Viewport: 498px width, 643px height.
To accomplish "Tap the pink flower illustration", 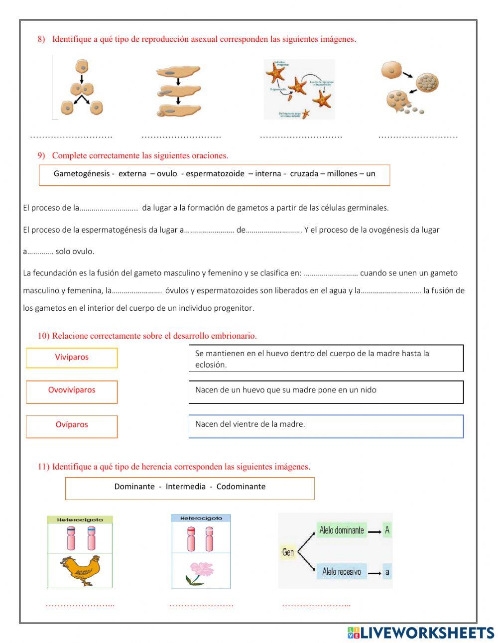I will pos(201,572).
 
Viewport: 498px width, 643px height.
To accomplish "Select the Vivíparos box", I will pos(72,358).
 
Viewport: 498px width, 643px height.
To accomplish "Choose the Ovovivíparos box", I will pos(72,391).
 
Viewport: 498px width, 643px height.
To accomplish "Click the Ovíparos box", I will pos(72,426).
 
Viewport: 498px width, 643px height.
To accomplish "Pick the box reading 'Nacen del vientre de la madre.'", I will pos(326,426).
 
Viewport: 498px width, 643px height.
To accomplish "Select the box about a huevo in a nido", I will pos(326,391).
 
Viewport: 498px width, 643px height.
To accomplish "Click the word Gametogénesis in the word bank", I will pos(81,174).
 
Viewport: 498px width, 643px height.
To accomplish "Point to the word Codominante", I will pos(241,487).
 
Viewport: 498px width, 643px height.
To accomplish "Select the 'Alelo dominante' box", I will pos(342,530).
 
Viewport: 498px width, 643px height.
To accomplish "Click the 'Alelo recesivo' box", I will pos(342,572).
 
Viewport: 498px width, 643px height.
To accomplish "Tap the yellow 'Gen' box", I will pos(288,552).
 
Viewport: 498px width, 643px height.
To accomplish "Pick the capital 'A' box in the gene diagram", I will pos(387,530).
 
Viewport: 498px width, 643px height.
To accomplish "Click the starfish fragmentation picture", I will pos(299,90).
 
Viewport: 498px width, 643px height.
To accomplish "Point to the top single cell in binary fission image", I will pos(82,66).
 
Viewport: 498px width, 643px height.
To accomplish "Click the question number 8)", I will pos(41,39).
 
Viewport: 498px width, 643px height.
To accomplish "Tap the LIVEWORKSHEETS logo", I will pos(420,633).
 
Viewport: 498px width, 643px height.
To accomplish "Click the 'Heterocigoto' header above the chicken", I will pos(80,519).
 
